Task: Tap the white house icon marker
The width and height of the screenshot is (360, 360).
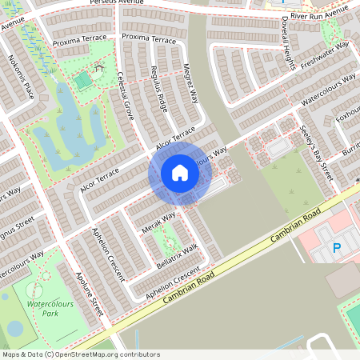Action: click(179, 173)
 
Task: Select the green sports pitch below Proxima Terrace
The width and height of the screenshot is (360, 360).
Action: click(82, 80)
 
